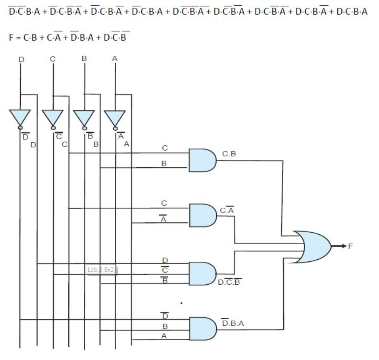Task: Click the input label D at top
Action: [x=21, y=60]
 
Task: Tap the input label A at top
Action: [x=115, y=59]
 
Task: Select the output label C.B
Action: [x=229, y=154]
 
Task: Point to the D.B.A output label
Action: [x=232, y=323]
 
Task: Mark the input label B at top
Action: [x=84, y=59]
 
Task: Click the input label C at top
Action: [x=53, y=59]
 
